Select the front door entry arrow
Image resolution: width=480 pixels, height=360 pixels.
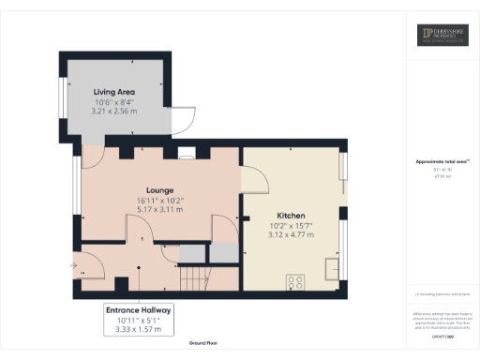[73, 265]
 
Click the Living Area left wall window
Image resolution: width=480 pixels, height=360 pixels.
[63, 96]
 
